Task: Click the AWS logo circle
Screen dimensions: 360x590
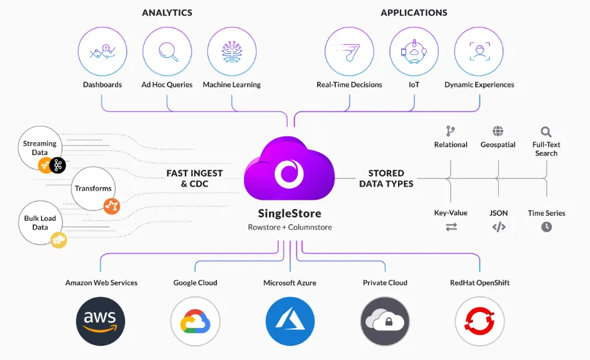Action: point(100,321)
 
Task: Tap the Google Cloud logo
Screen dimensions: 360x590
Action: point(195,321)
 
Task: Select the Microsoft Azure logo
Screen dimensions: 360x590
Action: point(290,321)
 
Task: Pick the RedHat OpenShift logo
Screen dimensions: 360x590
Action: point(480,321)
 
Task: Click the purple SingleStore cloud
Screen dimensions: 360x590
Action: point(289,171)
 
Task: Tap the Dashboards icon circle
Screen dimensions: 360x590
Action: point(103,52)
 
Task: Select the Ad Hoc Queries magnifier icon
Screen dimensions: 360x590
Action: point(168,52)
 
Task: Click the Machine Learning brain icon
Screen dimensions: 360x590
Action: point(232,52)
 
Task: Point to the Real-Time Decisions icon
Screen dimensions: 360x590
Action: point(349,52)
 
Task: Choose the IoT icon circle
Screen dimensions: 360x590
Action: point(414,52)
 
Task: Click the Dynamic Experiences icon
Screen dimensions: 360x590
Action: point(479,52)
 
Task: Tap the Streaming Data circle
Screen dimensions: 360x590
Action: point(40,148)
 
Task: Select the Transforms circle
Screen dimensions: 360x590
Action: point(94,189)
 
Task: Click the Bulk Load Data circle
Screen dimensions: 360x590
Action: point(40,223)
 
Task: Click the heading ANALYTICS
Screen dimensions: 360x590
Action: point(167,13)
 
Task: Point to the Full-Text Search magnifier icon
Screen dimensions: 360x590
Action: point(546,132)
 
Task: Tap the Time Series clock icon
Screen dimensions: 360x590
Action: point(546,227)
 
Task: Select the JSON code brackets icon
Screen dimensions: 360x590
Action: point(499,227)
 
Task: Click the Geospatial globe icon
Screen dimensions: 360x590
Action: point(498,132)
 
